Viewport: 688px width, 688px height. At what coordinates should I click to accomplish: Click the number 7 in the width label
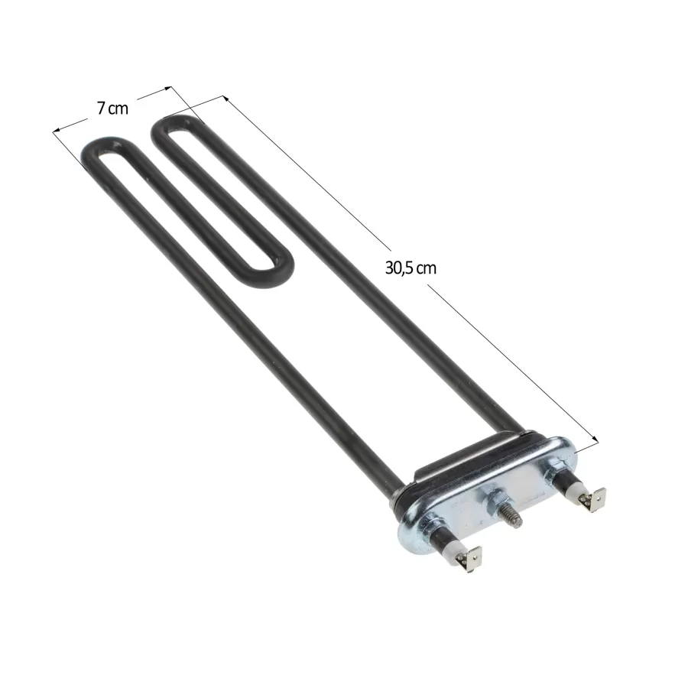point(101,108)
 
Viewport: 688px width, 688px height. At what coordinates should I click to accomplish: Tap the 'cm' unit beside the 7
point(118,109)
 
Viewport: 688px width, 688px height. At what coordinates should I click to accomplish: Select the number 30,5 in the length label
point(399,268)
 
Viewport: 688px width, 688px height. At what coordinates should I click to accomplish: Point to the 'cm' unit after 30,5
point(426,268)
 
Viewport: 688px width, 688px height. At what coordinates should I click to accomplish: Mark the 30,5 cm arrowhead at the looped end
point(226,99)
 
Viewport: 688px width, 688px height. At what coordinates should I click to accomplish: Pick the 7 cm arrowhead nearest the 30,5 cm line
point(167,88)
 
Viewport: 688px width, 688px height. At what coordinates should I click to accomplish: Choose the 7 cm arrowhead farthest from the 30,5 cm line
point(57,130)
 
